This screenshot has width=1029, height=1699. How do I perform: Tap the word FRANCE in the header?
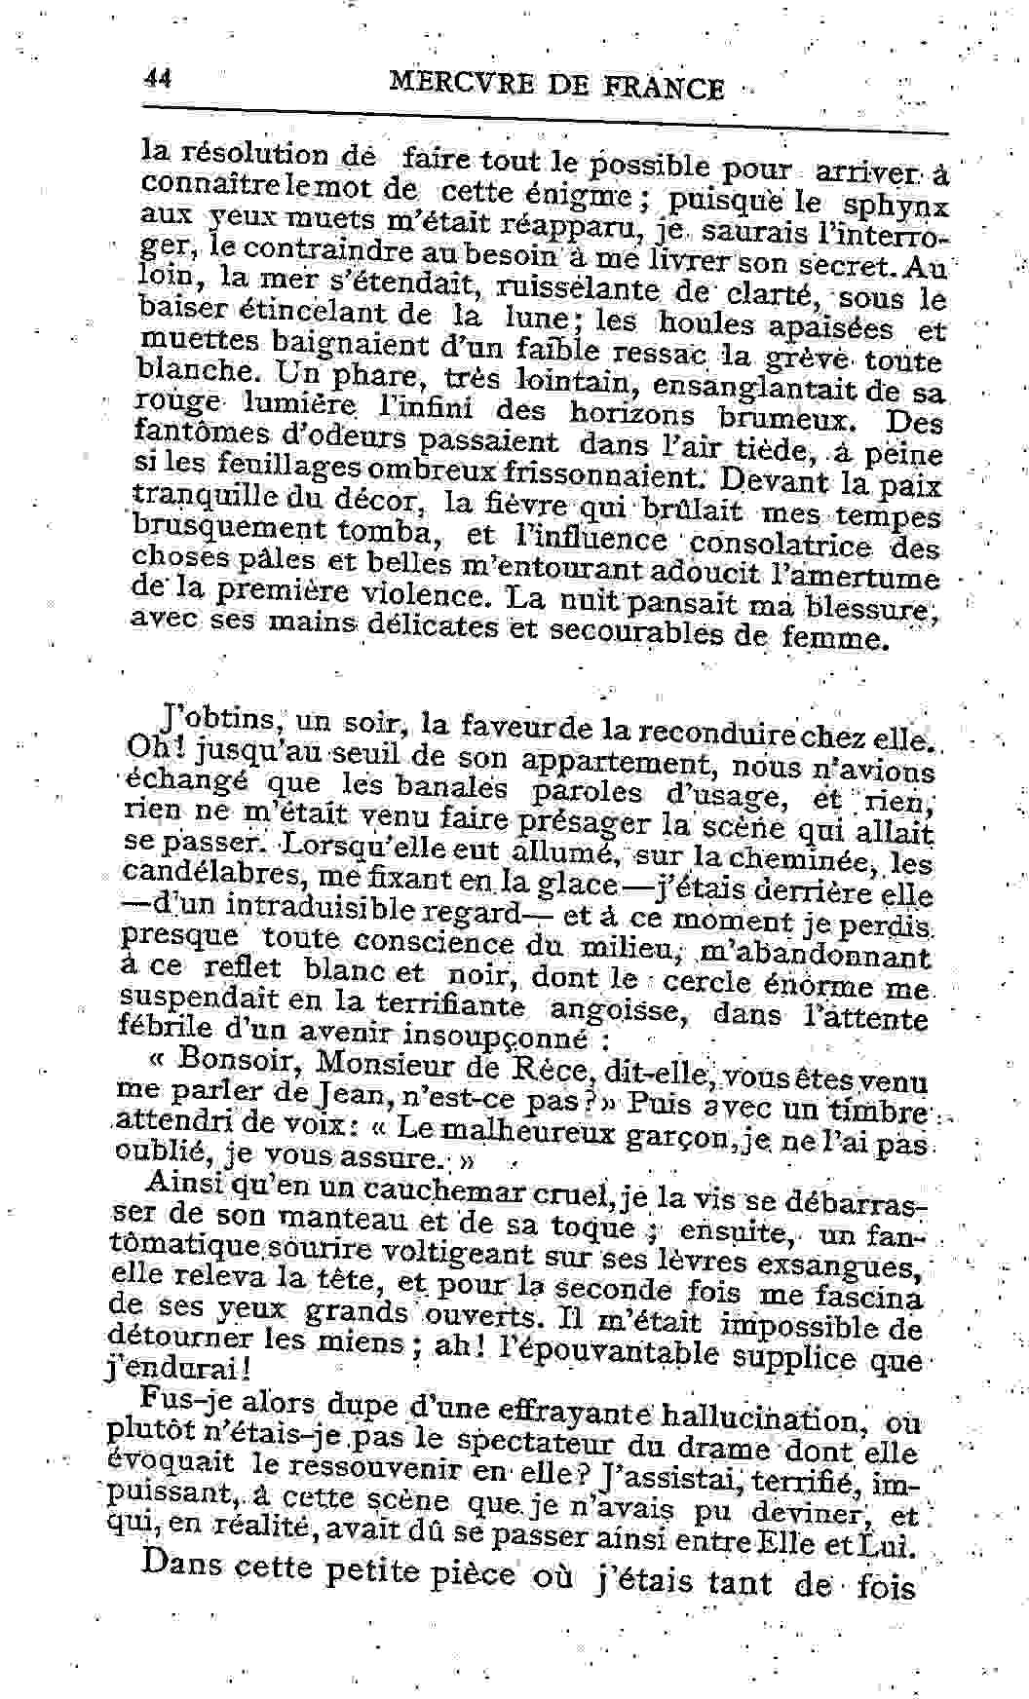[x=664, y=90]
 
